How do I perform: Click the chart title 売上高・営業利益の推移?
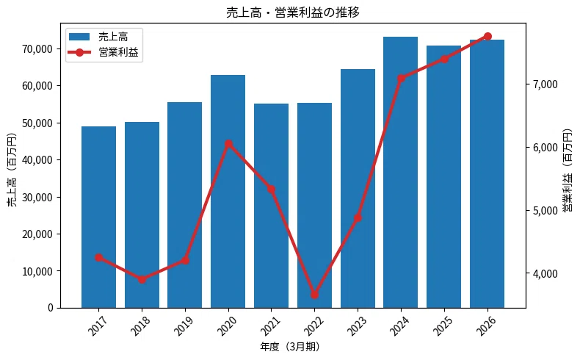click(293, 12)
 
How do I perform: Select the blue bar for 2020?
click(228, 191)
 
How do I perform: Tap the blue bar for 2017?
click(99, 217)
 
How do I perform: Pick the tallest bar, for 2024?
click(401, 173)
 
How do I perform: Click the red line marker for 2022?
click(315, 295)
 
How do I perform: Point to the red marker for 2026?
click(487, 36)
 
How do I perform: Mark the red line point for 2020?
click(228, 144)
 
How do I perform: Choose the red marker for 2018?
click(142, 279)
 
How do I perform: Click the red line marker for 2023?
click(358, 218)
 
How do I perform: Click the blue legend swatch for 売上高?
click(79, 37)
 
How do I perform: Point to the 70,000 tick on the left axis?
click(37, 48)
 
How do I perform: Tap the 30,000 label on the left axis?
click(37, 197)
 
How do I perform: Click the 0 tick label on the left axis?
click(51, 308)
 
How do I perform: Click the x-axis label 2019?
click(184, 325)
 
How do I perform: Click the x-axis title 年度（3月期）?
click(290, 347)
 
